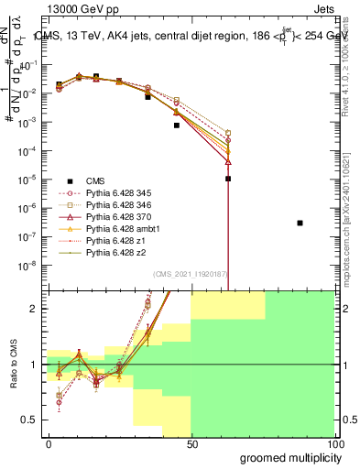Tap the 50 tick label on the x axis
click(x=191, y=443)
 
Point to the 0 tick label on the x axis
click(x=49, y=443)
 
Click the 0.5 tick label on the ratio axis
click(x=32, y=420)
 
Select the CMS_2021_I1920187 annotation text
click(x=185, y=275)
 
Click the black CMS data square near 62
click(x=228, y=179)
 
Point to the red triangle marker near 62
click(x=228, y=161)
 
